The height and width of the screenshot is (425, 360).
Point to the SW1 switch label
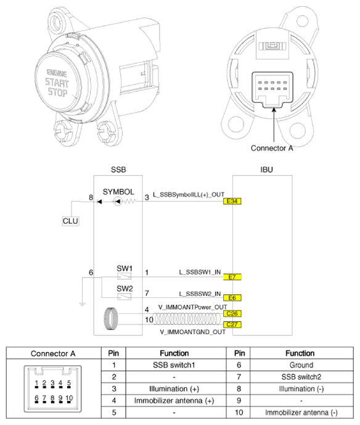click(125, 268)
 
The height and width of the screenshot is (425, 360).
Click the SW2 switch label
click(125, 289)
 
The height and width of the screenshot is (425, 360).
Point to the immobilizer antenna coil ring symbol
click(112, 319)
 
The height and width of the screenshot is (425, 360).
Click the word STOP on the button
click(59, 92)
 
